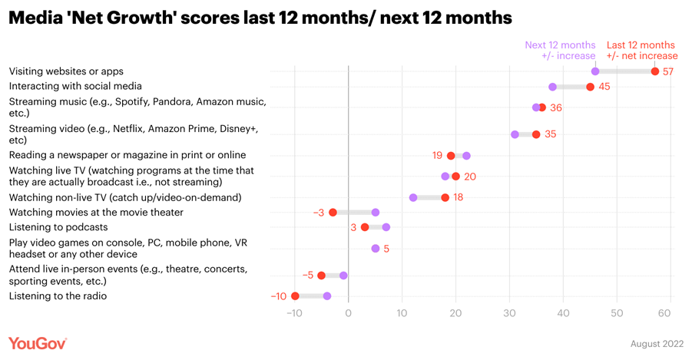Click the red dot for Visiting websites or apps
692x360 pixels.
[x=655, y=71]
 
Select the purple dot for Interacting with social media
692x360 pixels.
[x=552, y=87]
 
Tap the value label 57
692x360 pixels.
[x=668, y=71]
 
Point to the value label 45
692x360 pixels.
[x=604, y=87]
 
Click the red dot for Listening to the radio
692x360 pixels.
[x=295, y=296]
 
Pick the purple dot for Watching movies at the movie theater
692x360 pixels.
[x=376, y=213]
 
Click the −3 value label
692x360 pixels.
[x=319, y=213]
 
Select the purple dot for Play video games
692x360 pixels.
[x=376, y=249]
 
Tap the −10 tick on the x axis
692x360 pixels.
[x=293, y=313]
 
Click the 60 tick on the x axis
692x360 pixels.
[x=665, y=313]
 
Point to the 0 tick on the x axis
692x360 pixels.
[x=348, y=313]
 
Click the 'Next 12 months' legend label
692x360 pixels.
[x=560, y=45]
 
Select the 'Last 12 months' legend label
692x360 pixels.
[x=641, y=45]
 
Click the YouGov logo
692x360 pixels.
[x=38, y=343]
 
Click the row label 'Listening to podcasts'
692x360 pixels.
[x=58, y=227]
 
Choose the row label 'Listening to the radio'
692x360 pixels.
[x=58, y=296]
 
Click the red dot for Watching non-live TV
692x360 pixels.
[x=445, y=198]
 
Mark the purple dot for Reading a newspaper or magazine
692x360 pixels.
[x=466, y=156]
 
